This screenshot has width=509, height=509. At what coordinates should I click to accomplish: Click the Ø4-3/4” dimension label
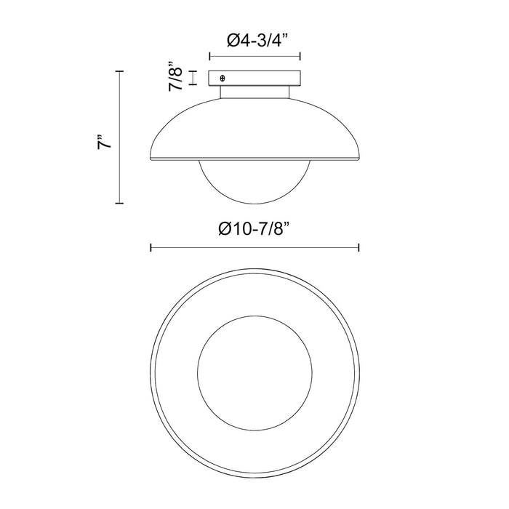tap(257, 40)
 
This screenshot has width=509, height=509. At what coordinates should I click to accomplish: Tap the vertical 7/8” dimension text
tap(176, 76)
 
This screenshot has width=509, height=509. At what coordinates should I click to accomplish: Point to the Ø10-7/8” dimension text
tap(254, 229)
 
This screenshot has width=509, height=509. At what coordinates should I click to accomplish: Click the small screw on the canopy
tap(223, 79)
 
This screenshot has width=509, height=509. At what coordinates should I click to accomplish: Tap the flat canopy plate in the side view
tap(254, 78)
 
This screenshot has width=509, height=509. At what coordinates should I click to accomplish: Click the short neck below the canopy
tap(254, 92)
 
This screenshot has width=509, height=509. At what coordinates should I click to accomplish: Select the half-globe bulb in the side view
tap(254, 182)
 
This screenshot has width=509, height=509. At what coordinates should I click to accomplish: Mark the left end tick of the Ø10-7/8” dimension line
tap(151, 248)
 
